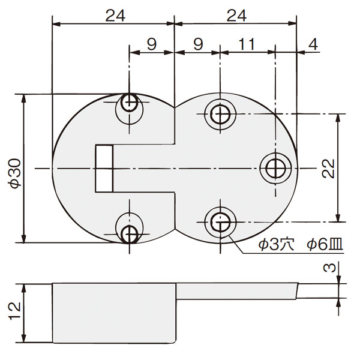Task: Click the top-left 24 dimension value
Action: coord(115,16)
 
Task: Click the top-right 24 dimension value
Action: coord(236,16)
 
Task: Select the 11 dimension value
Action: coord(247,44)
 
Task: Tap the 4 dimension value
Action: coord(313,44)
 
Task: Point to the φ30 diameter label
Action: coord(16,173)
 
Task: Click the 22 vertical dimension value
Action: coord(328,169)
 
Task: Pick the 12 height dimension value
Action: coord(15,311)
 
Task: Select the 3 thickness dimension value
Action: coord(329,268)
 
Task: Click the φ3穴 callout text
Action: coord(276,245)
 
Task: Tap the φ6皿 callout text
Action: coord(325,245)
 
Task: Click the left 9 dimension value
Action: coord(152,44)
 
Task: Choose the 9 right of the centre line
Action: coord(199,44)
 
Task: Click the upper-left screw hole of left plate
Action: coord(130,103)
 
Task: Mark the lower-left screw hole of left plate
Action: coord(130,234)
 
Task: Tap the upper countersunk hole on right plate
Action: coord(220,114)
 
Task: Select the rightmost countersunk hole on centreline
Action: coord(275,169)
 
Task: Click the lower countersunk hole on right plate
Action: coord(220,222)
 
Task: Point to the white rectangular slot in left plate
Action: coord(104,169)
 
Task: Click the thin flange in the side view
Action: coord(237,291)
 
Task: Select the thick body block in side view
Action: coord(114,313)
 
